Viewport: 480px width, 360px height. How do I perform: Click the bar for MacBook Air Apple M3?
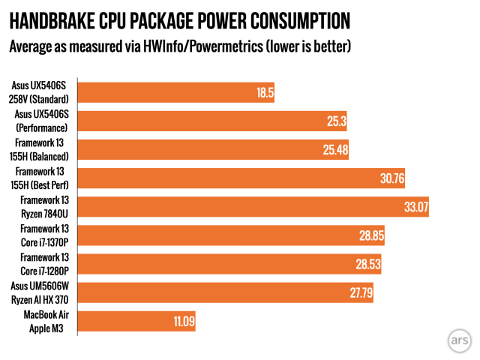coord(135,320)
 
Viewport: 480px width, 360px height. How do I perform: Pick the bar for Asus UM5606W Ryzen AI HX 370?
coord(224,292)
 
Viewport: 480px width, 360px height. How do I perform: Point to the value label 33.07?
coord(415,207)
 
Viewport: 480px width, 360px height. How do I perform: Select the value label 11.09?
coord(181,321)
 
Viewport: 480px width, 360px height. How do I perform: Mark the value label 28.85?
coord(370,235)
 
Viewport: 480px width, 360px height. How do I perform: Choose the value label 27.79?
coord(360,292)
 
